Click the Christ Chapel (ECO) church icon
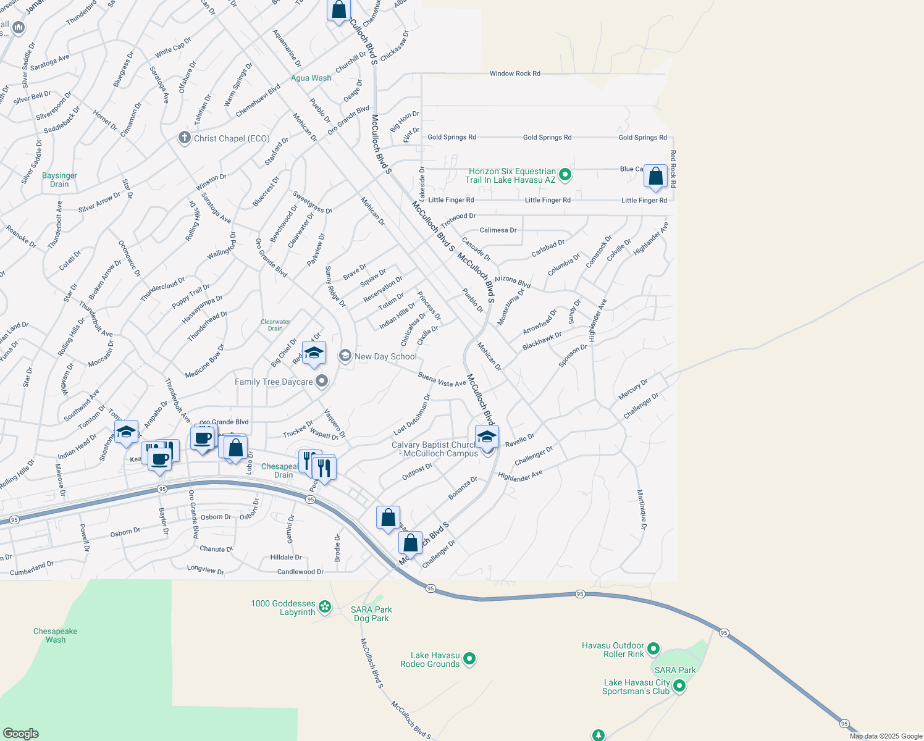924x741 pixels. (184, 138)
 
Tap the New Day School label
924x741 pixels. (385, 356)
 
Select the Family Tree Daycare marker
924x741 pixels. (321, 382)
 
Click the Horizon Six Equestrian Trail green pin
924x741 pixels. (565, 175)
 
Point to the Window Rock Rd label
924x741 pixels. (514, 73)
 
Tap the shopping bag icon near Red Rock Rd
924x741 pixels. (655, 177)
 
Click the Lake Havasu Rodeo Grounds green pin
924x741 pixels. (469, 659)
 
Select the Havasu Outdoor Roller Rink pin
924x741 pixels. (653, 649)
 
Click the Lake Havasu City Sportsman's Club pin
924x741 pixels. (679, 686)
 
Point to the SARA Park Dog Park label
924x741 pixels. (371, 614)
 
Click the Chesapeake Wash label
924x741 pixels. (56, 635)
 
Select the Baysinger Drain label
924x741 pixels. (60, 180)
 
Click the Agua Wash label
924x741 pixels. (311, 78)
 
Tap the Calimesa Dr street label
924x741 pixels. (498, 230)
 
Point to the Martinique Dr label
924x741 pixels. (642, 509)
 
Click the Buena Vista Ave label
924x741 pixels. (442, 380)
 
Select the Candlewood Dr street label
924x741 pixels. (300, 572)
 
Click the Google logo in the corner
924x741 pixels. (20, 734)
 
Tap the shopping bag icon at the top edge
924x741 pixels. (338, 10)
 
